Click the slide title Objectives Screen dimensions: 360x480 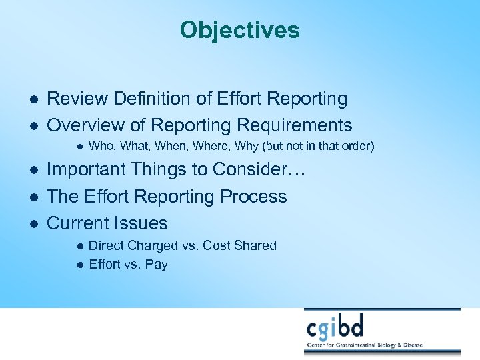click(x=239, y=30)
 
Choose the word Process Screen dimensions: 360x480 click(x=257, y=197)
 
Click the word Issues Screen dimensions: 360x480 click(x=141, y=223)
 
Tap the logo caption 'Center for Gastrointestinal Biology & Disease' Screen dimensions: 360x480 click(x=382, y=346)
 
